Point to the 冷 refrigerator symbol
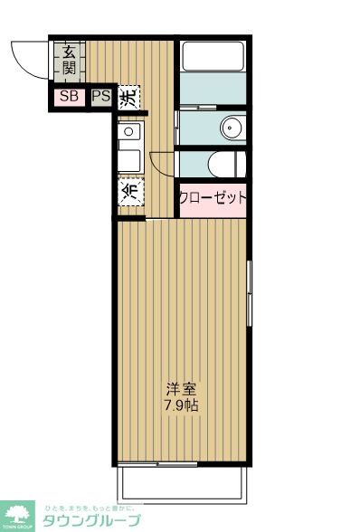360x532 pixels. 130,191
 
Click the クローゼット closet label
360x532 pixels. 213,198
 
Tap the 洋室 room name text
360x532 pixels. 181,389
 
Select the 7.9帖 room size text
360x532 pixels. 181,405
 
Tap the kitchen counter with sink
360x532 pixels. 129,148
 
